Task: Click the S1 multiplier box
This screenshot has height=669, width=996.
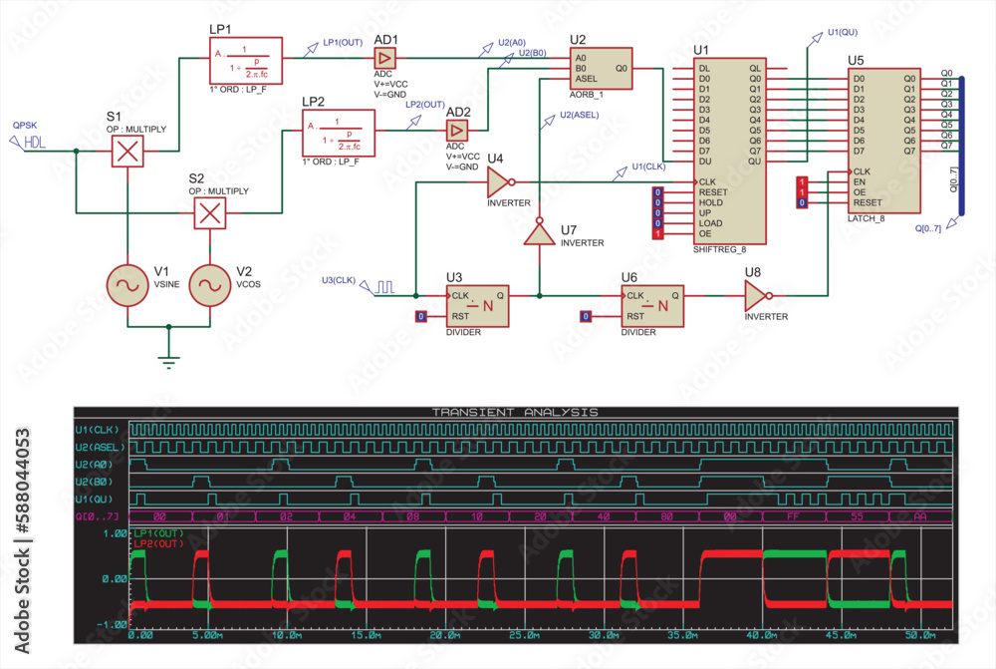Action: click(127, 152)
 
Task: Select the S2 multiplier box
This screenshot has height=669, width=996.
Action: click(209, 212)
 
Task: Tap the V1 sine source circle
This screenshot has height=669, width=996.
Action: click(127, 285)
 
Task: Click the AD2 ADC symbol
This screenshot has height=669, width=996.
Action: click(457, 131)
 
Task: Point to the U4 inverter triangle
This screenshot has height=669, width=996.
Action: click(499, 182)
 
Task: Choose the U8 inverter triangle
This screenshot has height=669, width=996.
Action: click(756, 295)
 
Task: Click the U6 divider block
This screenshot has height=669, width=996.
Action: click(652, 305)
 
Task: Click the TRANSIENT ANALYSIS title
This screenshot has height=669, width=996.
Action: click(515, 412)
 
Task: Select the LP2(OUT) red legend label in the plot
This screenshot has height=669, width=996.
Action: click(154, 543)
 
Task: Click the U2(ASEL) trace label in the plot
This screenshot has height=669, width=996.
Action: click(100, 447)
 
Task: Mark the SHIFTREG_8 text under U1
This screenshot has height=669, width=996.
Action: click(719, 251)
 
